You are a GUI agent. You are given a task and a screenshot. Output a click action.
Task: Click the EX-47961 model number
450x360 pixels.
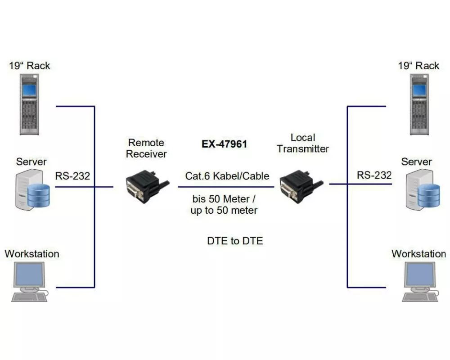point(224,145)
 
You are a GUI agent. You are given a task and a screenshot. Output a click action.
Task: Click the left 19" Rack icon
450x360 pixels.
point(29,104)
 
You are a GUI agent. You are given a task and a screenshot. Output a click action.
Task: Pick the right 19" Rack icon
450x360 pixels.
point(419,104)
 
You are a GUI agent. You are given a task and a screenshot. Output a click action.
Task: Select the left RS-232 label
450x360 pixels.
point(72,176)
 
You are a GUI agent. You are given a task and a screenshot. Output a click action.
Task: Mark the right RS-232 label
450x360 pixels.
point(374,175)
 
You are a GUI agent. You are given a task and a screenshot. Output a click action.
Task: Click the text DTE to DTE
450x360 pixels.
point(235,241)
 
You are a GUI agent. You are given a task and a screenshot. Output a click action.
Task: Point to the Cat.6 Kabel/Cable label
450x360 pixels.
point(227,176)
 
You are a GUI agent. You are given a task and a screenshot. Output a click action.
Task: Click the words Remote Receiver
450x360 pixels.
point(146,148)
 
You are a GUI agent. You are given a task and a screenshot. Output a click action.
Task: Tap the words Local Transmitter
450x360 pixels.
point(303,143)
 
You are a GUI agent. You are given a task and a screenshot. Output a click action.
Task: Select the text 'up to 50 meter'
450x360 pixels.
point(224,211)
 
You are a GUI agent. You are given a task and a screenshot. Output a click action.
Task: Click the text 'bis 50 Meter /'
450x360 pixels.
point(224,198)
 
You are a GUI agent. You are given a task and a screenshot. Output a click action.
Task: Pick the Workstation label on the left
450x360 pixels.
point(32,254)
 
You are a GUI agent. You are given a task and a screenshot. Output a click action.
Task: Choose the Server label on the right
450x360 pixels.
point(416,162)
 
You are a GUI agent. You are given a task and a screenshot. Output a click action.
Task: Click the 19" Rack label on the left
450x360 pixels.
point(30,66)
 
